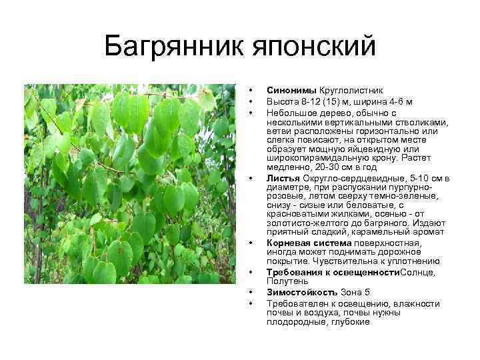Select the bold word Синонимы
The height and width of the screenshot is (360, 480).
tap(291, 89)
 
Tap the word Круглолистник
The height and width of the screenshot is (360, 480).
tap(351, 89)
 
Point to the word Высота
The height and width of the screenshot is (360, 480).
tap(282, 101)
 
